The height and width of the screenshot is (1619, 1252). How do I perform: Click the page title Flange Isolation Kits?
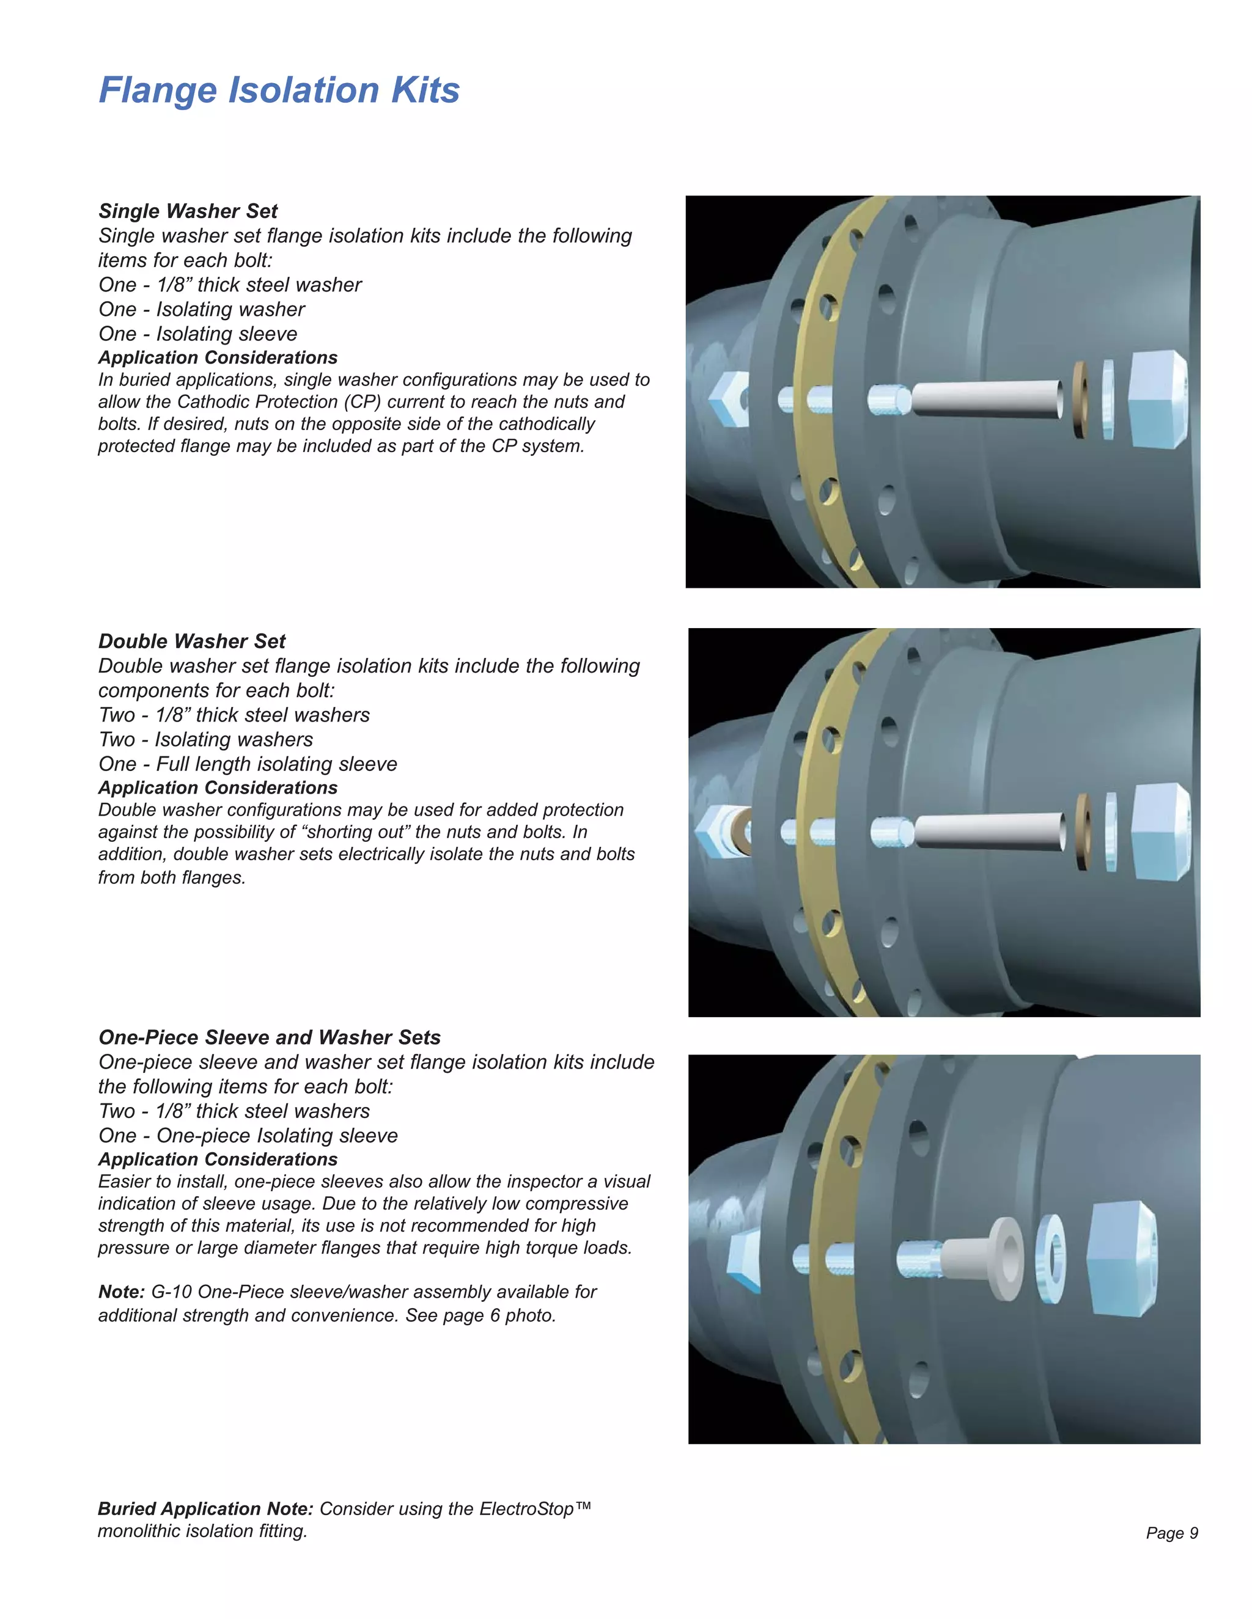[x=279, y=90]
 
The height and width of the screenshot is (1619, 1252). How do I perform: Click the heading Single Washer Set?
[x=188, y=211]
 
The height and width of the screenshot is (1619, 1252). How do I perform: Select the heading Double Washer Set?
[x=192, y=641]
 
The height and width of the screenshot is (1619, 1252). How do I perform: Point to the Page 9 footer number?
[x=1172, y=1533]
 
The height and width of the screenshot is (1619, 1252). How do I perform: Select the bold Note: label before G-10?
[x=121, y=1292]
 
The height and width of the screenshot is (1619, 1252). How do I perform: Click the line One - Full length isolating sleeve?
[x=248, y=764]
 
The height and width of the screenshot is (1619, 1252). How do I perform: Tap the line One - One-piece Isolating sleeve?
[x=248, y=1136]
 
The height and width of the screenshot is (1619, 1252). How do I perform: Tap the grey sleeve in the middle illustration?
[x=990, y=830]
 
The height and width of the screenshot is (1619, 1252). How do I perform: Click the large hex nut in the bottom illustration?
[x=1120, y=1260]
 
